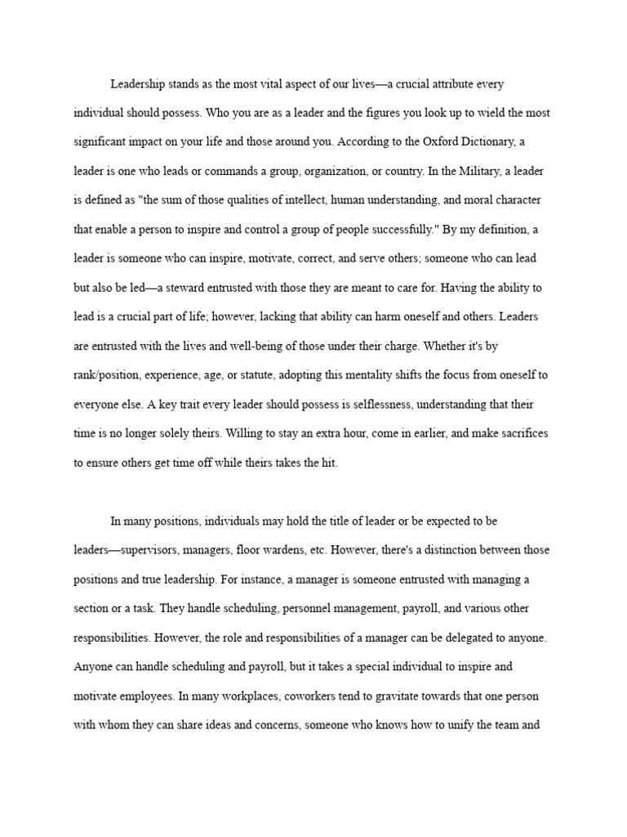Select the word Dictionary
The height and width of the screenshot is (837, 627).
[483, 141]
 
